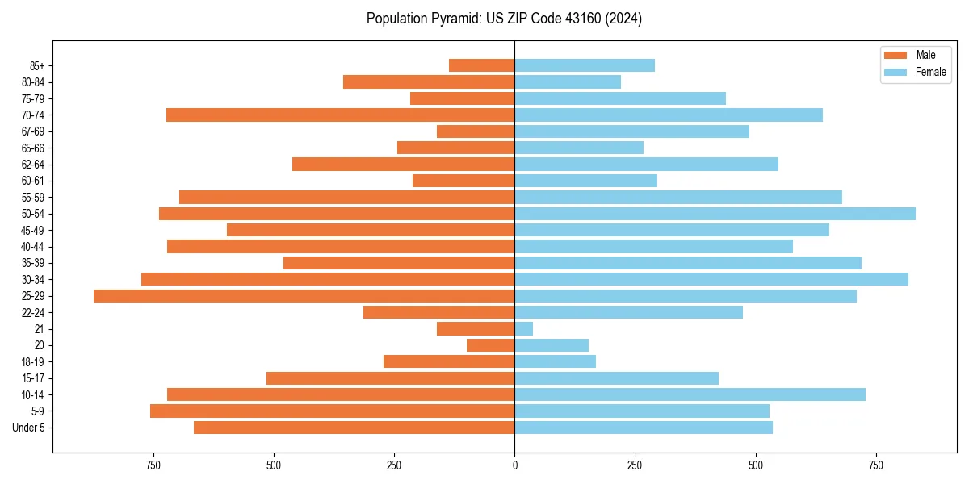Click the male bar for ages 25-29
click(x=304, y=296)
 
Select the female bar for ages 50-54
click(x=715, y=214)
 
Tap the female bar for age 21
click(x=524, y=329)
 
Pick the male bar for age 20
click(x=491, y=345)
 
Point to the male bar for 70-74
click(x=340, y=115)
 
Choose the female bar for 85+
click(x=585, y=65)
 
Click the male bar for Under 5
click(x=354, y=428)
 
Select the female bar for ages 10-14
click(x=690, y=394)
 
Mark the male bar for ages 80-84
click(x=429, y=82)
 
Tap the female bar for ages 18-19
click(x=556, y=361)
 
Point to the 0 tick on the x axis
click(x=514, y=465)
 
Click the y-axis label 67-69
click(x=33, y=131)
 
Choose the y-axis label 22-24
click(x=33, y=312)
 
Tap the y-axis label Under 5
click(x=29, y=428)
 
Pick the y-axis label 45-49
click(x=33, y=230)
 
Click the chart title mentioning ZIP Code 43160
click(x=504, y=19)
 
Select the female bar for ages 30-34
click(x=711, y=279)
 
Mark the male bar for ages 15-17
click(x=390, y=378)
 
